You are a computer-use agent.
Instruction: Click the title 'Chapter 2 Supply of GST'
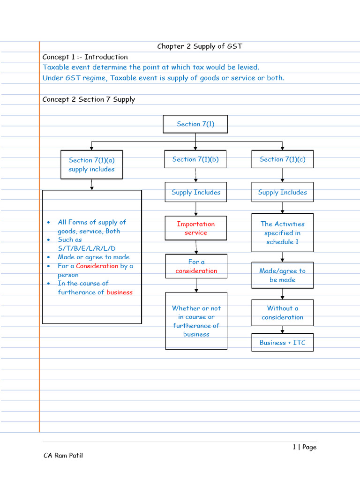(200, 46)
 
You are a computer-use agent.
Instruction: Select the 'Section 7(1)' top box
(195, 124)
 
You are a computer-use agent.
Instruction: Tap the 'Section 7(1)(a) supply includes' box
(91, 165)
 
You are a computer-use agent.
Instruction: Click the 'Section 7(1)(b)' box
(195, 159)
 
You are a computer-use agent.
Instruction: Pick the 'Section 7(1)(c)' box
(282, 159)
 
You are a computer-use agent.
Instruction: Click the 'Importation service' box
(196, 228)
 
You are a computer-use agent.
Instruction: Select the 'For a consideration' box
(196, 266)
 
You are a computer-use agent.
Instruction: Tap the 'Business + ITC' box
(282, 343)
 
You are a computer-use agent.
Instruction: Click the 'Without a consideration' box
(282, 313)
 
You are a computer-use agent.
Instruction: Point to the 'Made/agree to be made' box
(282, 275)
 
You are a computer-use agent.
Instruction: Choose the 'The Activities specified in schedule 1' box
(282, 233)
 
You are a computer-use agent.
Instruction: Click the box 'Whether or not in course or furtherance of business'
(196, 321)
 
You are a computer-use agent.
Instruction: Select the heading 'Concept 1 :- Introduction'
(85, 57)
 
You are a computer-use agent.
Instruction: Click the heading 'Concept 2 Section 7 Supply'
(89, 99)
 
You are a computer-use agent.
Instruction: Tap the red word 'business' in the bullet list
(120, 292)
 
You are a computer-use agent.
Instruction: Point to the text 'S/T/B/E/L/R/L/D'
(86, 248)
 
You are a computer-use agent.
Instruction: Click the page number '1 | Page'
(304, 447)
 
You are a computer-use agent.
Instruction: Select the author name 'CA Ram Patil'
(63, 455)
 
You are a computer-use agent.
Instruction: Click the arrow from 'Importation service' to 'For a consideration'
(196, 247)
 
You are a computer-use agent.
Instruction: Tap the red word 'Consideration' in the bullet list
(97, 266)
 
